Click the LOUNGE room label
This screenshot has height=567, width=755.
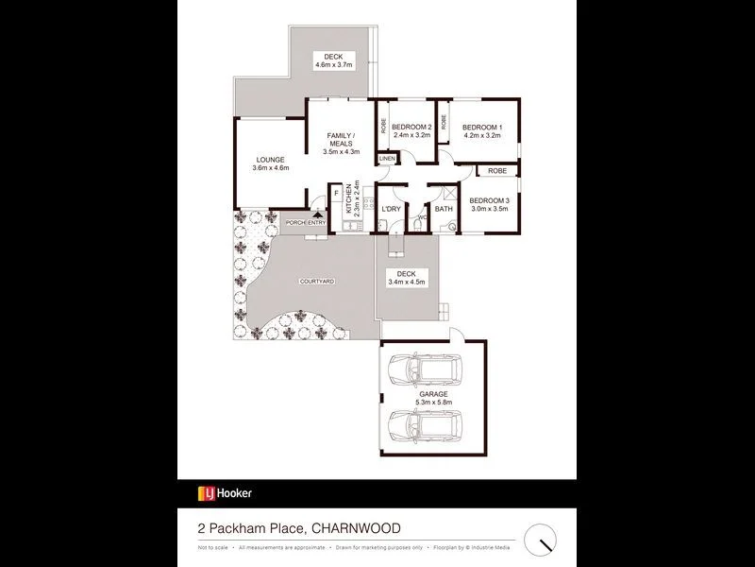pyautogui.click(x=270, y=160)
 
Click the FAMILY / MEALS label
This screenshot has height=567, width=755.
pyautogui.click(x=336, y=139)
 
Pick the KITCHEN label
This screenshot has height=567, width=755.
pyautogui.click(x=349, y=199)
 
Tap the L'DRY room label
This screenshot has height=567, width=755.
pyautogui.click(x=392, y=209)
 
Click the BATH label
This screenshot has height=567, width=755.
pyautogui.click(x=444, y=209)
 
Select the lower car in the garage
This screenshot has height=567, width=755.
pyautogui.click(x=425, y=427)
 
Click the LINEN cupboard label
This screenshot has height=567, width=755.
pyautogui.click(x=387, y=158)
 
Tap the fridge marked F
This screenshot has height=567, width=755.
pyautogui.click(x=336, y=194)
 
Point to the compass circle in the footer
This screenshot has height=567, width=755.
pyautogui.click(x=541, y=539)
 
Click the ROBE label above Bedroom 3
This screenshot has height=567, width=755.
pyautogui.click(x=496, y=171)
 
